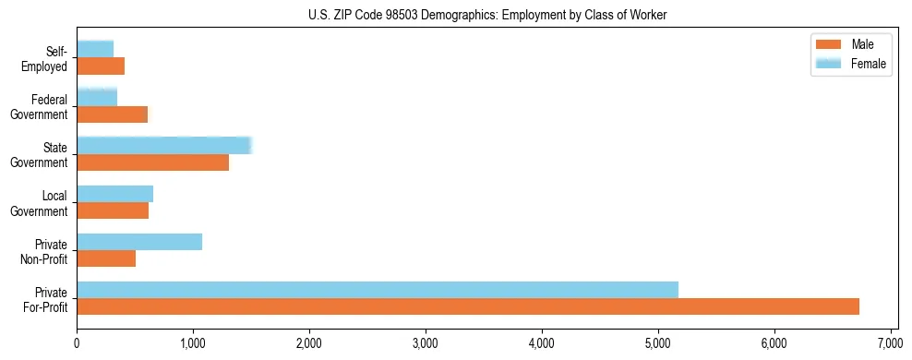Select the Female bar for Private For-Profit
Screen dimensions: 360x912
(x=378, y=290)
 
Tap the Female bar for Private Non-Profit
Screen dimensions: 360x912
(x=139, y=242)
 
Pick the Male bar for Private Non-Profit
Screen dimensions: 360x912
(x=106, y=258)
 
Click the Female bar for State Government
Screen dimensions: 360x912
(x=164, y=146)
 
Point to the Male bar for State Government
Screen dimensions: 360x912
(x=152, y=162)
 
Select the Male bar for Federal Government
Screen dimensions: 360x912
(x=112, y=114)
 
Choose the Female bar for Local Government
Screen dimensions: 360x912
(x=114, y=194)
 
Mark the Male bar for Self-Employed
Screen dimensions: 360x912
(x=101, y=66)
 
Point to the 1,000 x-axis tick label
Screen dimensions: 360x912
(x=193, y=344)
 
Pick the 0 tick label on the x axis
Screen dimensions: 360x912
(x=77, y=344)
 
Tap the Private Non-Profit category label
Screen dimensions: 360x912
(x=46, y=251)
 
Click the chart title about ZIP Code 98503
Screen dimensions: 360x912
(x=486, y=14)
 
